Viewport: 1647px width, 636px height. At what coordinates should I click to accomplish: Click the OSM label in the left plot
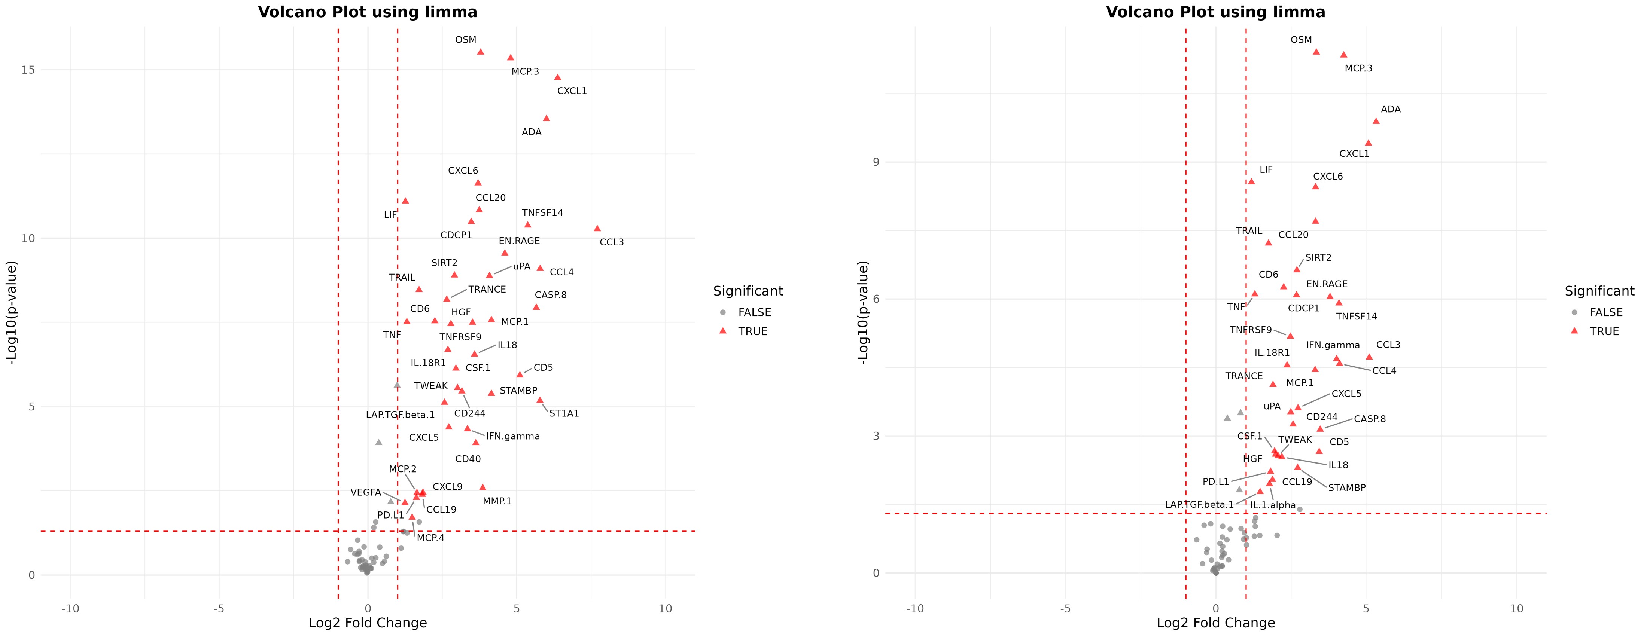pos(465,40)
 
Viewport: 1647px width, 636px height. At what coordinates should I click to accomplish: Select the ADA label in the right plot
pos(1391,109)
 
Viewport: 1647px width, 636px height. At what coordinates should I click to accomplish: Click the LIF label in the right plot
pos(1266,170)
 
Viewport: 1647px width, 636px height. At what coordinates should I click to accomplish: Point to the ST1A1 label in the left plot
pos(564,413)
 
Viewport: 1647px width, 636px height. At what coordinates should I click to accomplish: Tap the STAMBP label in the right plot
pos(1346,488)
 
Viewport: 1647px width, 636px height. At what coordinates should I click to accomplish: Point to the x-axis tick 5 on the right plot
pos(1366,609)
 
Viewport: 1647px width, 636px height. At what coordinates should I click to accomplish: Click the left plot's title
pos(368,12)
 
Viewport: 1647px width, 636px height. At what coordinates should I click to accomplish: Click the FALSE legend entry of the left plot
pos(755,312)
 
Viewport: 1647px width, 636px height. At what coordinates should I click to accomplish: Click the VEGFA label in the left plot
pos(366,492)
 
